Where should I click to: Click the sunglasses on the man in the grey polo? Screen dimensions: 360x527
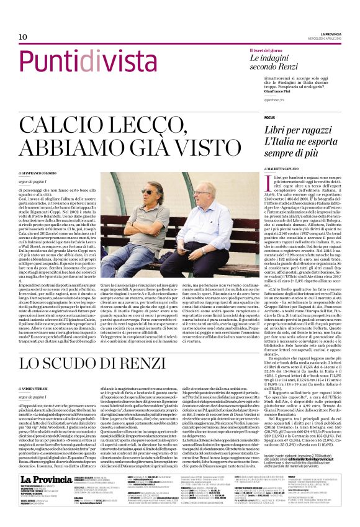[150, 191]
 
